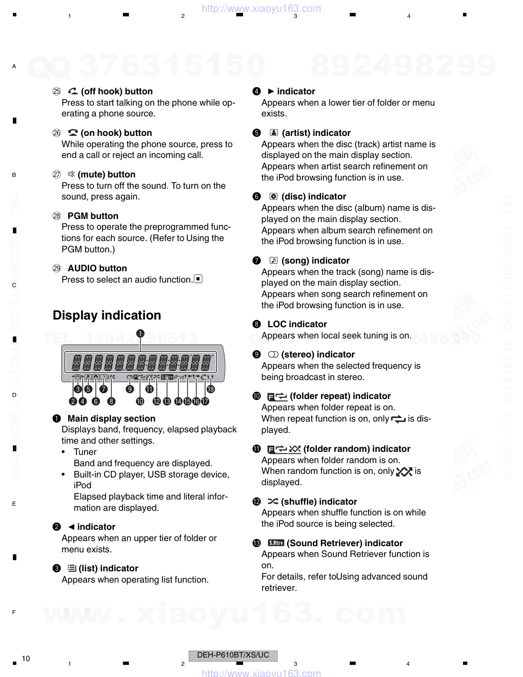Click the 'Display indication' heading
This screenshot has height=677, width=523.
107,315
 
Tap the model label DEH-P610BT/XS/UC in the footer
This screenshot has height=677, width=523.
233,655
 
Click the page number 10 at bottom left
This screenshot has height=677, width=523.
26,659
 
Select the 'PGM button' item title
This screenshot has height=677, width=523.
93,216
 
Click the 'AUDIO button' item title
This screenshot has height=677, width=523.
97,268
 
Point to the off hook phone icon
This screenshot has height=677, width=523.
73,91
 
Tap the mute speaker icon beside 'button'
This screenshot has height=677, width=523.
71,174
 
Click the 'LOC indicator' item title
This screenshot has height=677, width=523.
297,324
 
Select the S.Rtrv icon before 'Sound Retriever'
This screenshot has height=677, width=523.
276,543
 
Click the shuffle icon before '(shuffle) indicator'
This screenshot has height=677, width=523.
273,502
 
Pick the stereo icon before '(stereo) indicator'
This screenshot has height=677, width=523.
273,354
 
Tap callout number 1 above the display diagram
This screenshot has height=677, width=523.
140,333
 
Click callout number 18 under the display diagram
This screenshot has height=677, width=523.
210,389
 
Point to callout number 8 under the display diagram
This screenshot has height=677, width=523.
111,402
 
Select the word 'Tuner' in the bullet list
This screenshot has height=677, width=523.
85,452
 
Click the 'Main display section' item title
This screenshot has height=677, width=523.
111,419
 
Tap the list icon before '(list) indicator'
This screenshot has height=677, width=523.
72,568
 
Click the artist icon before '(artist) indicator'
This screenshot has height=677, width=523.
274,133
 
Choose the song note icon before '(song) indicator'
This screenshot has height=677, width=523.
273,261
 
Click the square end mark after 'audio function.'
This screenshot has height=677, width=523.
198,279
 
